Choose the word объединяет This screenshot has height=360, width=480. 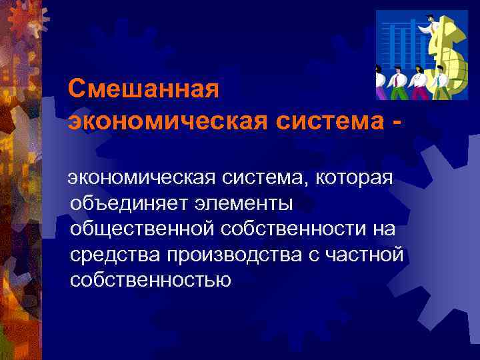(129, 203)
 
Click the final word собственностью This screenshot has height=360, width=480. (150, 279)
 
